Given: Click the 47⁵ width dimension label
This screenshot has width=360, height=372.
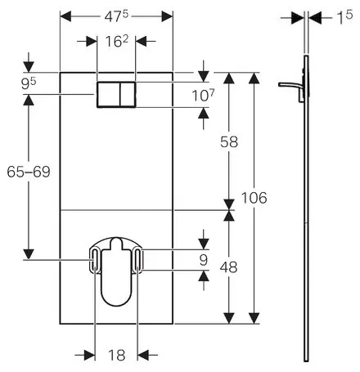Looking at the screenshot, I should tap(116, 16).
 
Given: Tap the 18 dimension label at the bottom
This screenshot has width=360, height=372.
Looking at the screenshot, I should tap(115, 356).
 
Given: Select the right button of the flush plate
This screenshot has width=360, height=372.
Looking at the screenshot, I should tap(126, 96).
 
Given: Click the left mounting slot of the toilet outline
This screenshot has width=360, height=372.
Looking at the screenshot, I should tap(96, 261).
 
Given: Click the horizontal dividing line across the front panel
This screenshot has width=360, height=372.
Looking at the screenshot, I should tap(115, 209).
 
